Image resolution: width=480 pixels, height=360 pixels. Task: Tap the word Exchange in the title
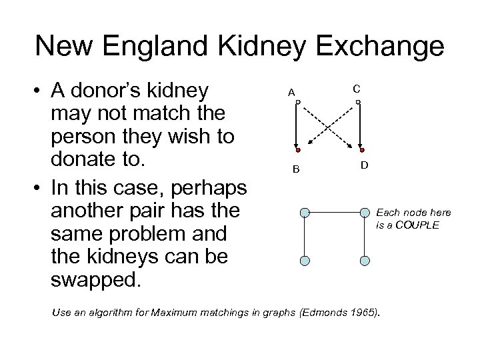click(x=389, y=46)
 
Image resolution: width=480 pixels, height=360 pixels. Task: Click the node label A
click(x=291, y=92)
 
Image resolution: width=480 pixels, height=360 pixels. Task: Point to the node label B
click(x=295, y=168)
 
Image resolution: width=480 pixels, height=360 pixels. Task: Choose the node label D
click(x=365, y=164)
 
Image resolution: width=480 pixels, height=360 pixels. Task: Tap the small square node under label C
click(x=359, y=102)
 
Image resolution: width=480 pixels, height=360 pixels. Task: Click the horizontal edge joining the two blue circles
click(x=335, y=213)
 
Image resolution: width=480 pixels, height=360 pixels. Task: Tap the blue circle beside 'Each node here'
click(x=365, y=213)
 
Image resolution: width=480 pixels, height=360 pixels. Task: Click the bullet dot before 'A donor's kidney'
click(x=41, y=91)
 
